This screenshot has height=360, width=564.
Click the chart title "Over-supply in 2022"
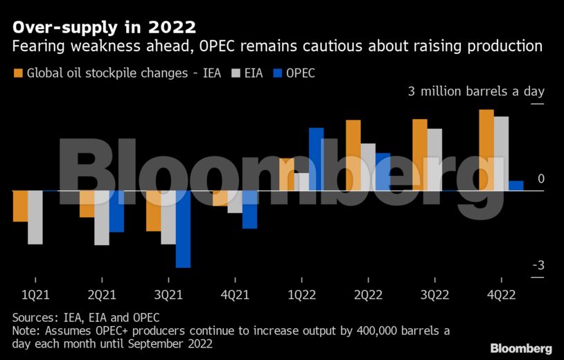pos(103,28)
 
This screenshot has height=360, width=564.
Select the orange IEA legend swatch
pos(18,73)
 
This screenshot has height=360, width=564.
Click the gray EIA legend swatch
pos(235,73)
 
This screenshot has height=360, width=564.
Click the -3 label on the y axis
pos(538,267)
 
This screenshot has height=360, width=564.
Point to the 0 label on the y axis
pos(541,179)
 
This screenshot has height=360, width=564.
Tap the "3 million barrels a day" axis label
pos(476,91)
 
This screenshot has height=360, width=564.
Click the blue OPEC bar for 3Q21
pos(183,228)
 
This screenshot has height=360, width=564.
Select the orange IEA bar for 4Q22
pos(486,150)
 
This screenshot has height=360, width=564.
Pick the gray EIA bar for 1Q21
pos(35,217)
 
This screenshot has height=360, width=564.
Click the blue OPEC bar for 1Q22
pos(316,159)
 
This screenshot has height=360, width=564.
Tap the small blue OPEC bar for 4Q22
pos(515,186)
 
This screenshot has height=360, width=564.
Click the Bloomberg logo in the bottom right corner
pos(521,348)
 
